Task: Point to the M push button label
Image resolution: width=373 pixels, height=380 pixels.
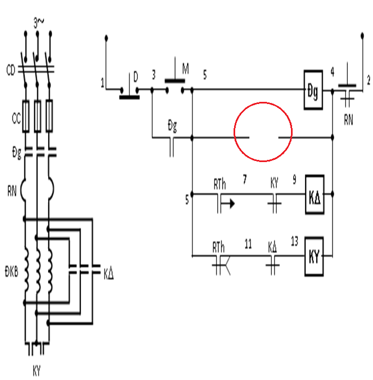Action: [185, 68]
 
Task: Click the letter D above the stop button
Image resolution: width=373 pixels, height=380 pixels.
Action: [136, 77]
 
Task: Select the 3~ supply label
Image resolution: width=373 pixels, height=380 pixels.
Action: [39, 23]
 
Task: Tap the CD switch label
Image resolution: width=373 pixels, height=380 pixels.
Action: [10, 71]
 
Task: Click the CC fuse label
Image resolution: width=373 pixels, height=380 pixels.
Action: [16, 119]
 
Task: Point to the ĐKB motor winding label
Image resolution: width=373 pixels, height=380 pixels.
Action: [11, 272]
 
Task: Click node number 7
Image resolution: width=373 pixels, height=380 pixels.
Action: [244, 180]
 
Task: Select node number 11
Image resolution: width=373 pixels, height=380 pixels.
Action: [248, 244]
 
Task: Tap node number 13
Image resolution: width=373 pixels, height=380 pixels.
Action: [294, 241]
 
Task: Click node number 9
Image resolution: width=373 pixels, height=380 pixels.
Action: [294, 180]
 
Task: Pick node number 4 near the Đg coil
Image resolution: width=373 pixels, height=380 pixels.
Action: [333, 72]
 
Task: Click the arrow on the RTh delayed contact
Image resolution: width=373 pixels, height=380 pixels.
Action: [228, 204]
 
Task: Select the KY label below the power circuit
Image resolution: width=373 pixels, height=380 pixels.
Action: [37, 371]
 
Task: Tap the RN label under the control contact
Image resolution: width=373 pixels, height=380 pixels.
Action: [348, 120]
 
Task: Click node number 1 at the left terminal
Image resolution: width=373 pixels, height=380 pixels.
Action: [102, 83]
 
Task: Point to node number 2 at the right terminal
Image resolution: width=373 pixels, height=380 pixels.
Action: [369, 80]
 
